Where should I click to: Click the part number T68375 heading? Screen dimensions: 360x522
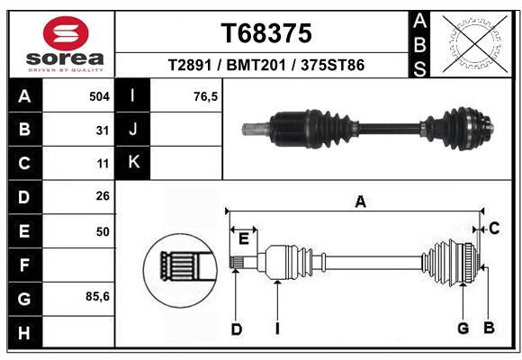click(x=266, y=33)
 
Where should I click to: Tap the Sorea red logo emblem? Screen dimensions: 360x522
click(x=66, y=34)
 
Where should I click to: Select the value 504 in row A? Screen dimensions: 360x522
click(x=99, y=94)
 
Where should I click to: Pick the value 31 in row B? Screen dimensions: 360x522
click(x=103, y=130)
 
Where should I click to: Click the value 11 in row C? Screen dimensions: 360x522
click(x=103, y=164)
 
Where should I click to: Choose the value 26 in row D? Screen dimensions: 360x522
click(x=103, y=197)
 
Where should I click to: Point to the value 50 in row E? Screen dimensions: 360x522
click(x=103, y=231)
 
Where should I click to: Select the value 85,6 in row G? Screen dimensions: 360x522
click(x=97, y=297)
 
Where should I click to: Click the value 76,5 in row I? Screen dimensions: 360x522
click(x=206, y=94)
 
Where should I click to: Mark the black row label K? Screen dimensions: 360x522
click(x=133, y=163)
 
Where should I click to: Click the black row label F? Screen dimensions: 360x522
click(x=24, y=265)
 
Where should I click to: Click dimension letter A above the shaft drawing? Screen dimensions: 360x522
click(x=360, y=202)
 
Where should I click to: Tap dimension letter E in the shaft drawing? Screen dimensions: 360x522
click(x=243, y=238)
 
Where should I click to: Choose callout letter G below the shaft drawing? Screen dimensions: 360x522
click(x=463, y=328)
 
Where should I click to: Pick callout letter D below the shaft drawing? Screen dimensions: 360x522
click(x=236, y=329)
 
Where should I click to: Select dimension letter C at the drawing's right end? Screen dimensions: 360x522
click(x=494, y=229)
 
